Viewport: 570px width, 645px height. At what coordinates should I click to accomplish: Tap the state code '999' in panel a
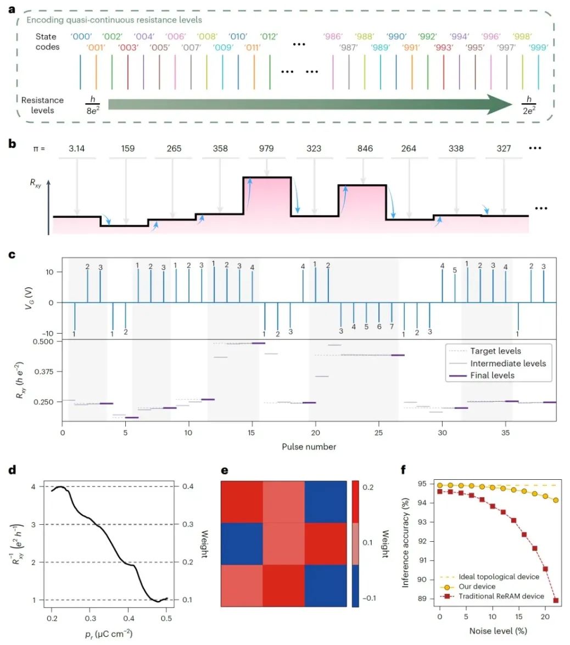tap(538, 48)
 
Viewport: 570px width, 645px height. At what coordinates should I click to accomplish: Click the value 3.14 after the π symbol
tap(77, 148)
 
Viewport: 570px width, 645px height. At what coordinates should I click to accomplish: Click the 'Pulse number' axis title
tap(309, 446)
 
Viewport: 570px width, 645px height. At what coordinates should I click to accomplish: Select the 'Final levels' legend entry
tap(492, 375)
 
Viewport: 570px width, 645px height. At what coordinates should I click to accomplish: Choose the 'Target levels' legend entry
tap(495, 351)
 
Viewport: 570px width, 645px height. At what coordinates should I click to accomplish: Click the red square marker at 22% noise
tap(556, 601)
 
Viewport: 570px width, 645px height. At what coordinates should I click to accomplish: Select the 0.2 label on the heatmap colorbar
tap(369, 487)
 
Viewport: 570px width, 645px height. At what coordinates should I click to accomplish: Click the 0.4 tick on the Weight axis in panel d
tap(187, 487)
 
